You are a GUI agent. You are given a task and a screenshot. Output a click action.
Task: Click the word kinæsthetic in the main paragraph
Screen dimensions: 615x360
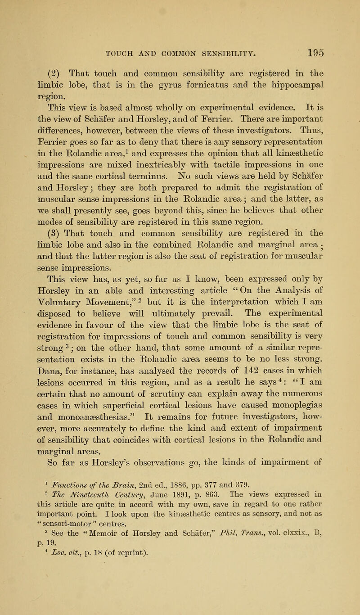pos(297,136)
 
